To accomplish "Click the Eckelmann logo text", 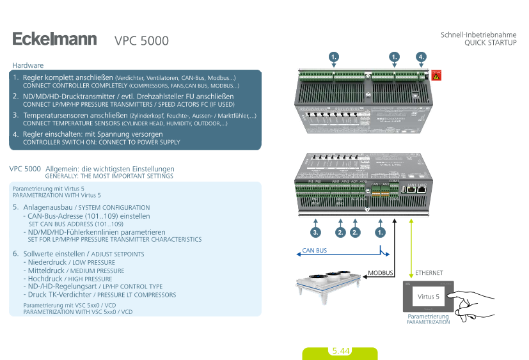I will [54, 40].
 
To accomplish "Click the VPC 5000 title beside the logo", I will [141, 41].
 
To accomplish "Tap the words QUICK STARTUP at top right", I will [490, 43].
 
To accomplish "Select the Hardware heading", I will [28, 65].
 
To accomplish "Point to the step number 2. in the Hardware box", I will [16, 96].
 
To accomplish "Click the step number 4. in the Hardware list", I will [16, 134].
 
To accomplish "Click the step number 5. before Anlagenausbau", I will [16, 208].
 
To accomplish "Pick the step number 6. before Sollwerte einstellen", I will [16, 254].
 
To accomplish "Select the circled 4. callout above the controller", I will [421, 57].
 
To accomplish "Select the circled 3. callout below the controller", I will [315, 232].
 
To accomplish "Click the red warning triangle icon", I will [436, 75].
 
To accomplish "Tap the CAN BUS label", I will [315, 251].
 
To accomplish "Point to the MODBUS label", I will [380, 273].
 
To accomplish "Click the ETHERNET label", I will [429, 273].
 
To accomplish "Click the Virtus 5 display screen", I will [428, 297].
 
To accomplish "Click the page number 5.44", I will [340, 351].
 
